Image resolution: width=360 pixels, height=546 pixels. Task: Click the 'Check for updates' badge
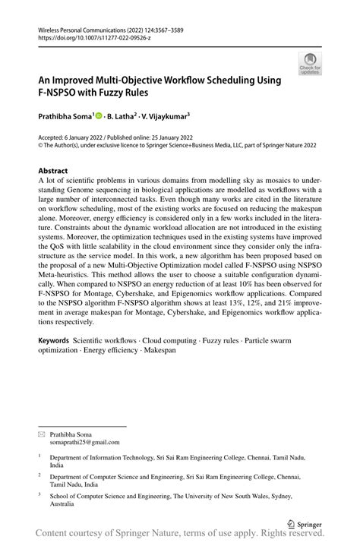(x=310, y=64)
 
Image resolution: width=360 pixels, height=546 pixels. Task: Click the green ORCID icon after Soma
(x=99, y=116)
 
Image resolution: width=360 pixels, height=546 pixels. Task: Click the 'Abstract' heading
(x=52, y=171)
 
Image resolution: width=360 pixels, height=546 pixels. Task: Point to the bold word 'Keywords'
(x=54, y=340)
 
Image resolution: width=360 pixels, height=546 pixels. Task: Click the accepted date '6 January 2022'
(x=83, y=137)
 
